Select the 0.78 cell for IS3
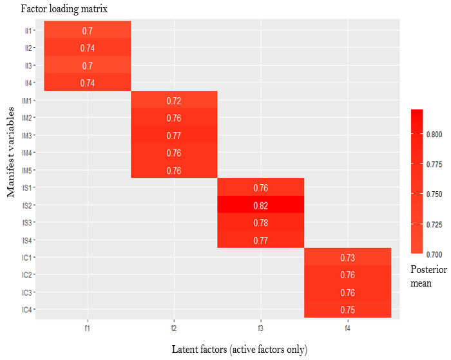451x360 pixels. click(260, 222)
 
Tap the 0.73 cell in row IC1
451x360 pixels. click(348, 257)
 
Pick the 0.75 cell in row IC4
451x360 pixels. click(348, 309)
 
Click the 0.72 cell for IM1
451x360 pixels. click(174, 100)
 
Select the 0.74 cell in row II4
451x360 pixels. click(88, 82)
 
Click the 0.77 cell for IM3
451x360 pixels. click(174, 135)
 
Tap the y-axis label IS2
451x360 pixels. click(27, 205)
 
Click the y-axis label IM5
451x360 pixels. click(27, 171)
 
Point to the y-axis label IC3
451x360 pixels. click(27, 293)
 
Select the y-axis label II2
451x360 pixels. click(28, 48)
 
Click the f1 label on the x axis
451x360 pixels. click(88, 328)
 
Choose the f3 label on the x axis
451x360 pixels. click(260, 328)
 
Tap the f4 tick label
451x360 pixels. click(348, 328)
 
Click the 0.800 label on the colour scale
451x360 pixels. click(434, 135)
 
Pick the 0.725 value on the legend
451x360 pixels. click(434, 224)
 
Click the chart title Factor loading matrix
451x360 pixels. click(64, 8)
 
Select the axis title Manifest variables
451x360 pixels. click(11, 152)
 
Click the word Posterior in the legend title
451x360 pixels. click(428, 270)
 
